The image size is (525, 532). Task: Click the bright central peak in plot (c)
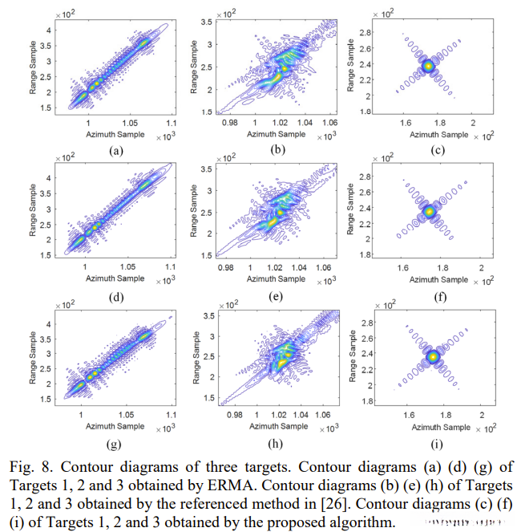[x=429, y=66]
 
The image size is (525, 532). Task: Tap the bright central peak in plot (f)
[x=429, y=211]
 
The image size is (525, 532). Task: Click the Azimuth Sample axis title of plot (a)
[x=115, y=134]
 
